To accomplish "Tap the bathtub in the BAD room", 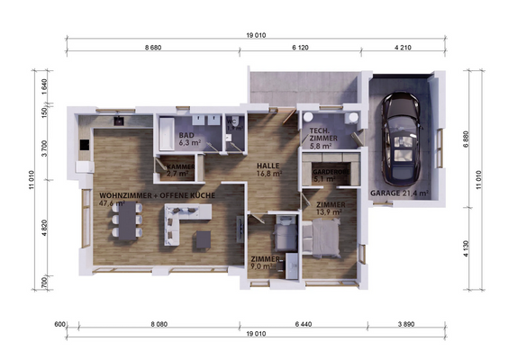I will [x=168, y=136].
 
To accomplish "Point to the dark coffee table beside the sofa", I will [x=204, y=239].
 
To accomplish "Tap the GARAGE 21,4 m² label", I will [x=399, y=193].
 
